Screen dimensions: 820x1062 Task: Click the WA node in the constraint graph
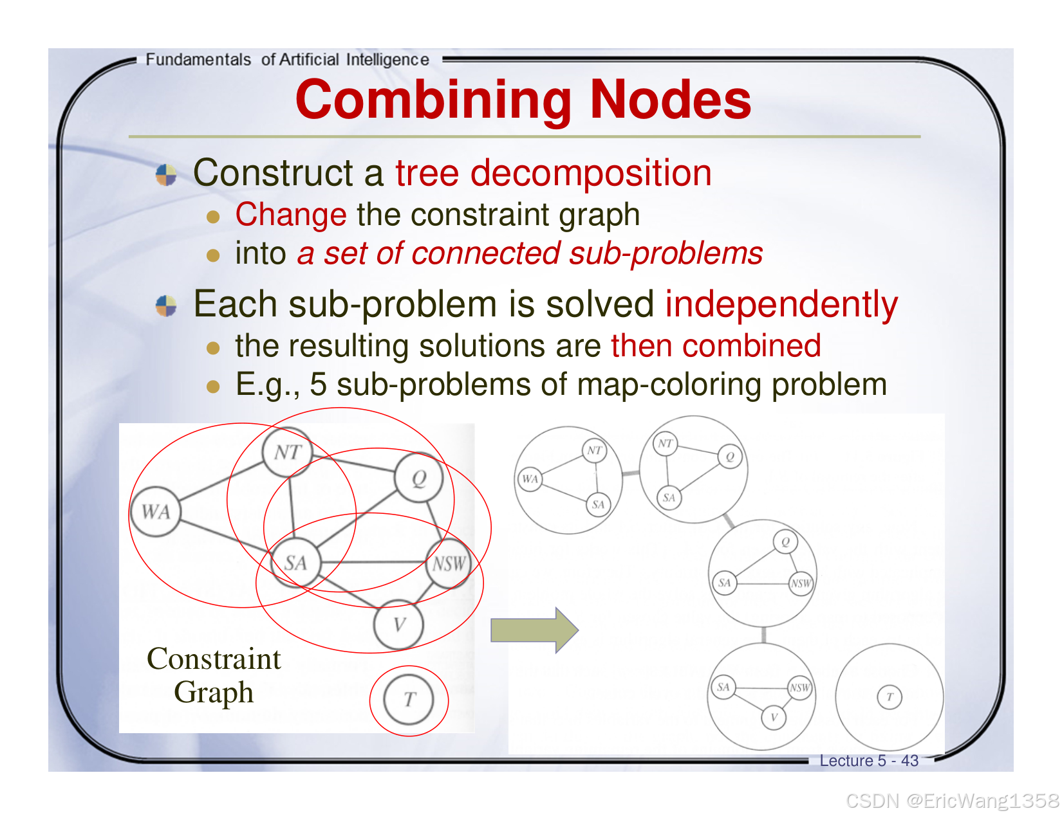pyautogui.click(x=156, y=512)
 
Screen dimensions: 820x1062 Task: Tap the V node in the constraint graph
pyautogui.click(x=399, y=624)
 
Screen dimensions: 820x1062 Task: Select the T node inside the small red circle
pyautogui.click(x=409, y=700)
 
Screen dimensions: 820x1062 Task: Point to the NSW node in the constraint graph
pyautogui.click(x=449, y=565)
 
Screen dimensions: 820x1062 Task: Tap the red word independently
pyautogui.click(x=781, y=304)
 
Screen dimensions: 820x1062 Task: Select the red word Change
pyautogui.click(x=291, y=214)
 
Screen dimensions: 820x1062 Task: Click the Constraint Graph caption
pyautogui.click(x=214, y=675)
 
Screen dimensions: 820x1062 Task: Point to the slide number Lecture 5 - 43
pyautogui.click(x=869, y=761)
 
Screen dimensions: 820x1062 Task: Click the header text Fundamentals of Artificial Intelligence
pyautogui.click(x=287, y=60)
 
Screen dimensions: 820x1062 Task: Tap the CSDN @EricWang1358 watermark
pyautogui.click(x=952, y=801)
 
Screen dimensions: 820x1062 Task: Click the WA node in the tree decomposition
pyautogui.click(x=530, y=479)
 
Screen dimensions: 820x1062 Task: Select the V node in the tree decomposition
pyautogui.click(x=774, y=717)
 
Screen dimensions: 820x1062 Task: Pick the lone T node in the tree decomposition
pyautogui.click(x=890, y=697)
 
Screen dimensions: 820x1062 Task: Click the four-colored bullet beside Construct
pyautogui.click(x=167, y=175)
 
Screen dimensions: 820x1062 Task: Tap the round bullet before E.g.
pyautogui.click(x=214, y=387)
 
